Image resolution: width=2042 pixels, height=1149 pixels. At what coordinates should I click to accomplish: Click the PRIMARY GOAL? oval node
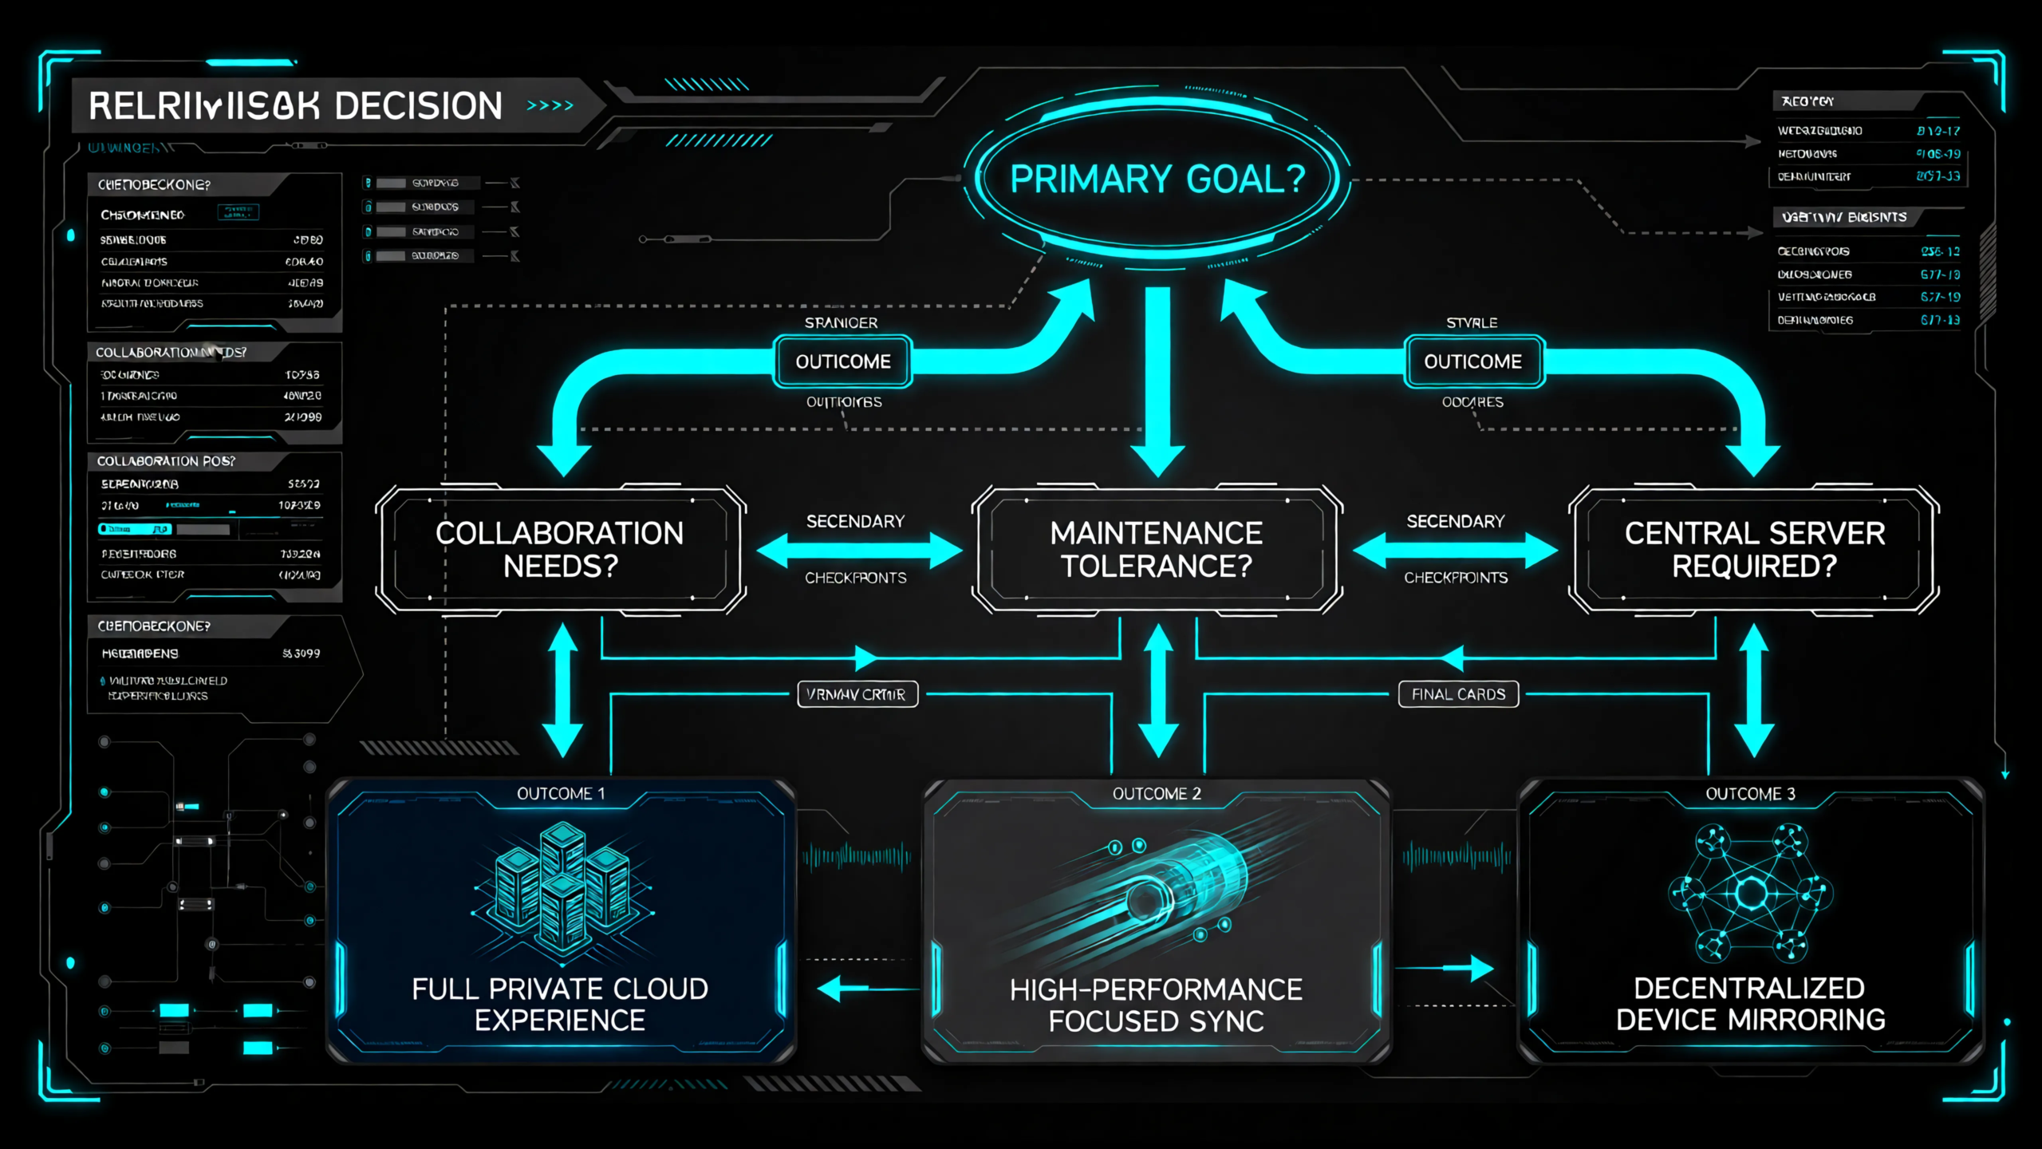(x=1157, y=179)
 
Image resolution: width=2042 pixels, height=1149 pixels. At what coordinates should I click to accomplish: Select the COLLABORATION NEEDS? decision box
(x=560, y=549)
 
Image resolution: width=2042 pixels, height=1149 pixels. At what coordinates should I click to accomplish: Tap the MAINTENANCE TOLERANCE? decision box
(x=1157, y=549)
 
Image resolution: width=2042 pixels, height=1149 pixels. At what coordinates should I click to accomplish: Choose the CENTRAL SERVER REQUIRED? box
(x=1754, y=549)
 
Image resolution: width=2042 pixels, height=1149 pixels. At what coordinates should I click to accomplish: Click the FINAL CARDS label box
(x=1458, y=694)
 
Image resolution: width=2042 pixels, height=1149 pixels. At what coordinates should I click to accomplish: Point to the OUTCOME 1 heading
(x=561, y=793)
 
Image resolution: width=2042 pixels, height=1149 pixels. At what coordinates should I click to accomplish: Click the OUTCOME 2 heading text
(x=1157, y=793)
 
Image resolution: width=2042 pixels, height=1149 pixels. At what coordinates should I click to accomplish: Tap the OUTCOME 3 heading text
(x=1750, y=793)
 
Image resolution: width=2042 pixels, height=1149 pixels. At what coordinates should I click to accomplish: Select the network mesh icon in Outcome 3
(x=1751, y=892)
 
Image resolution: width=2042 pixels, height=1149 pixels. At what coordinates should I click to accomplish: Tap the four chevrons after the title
(x=550, y=105)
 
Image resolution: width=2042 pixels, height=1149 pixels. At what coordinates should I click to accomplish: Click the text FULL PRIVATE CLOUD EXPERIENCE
(x=560, y=1005)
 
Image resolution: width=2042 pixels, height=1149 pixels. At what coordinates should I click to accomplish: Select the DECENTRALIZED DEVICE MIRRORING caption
(x=1750, y=1004)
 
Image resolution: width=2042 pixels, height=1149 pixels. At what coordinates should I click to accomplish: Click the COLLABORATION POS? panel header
(x=166, y=461)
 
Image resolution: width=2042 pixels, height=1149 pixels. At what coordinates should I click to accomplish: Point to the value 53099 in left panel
(x=302, y=653)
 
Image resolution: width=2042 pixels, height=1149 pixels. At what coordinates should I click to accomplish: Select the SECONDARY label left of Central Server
(x=1455, y=522)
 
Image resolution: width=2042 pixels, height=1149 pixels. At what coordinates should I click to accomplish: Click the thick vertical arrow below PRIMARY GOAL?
(x=1157, y=379)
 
